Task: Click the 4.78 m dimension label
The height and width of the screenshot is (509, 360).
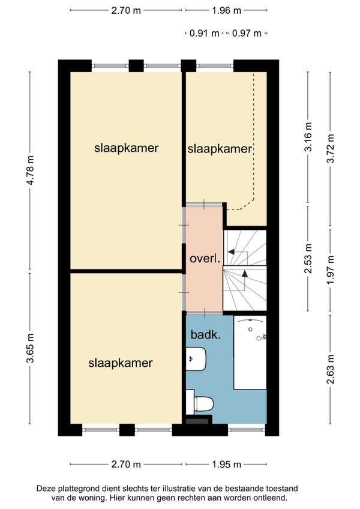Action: pyautogui.click(x=30, y=170)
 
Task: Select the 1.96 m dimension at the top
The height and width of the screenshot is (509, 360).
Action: pyautogui.click(x=227, y=10)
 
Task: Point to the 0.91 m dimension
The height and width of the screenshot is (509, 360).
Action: pyautogui.click(x=204, y=33)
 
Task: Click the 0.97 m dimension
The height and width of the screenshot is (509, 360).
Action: pyautogui.click(x=247, y=33)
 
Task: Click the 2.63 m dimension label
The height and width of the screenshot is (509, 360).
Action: pyautogui.click(x=331, y=369)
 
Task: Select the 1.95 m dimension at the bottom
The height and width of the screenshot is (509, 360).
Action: pyautogui.click(x=227, y=465)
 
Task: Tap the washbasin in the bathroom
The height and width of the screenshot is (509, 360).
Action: pyautogui.click(x=196, y=359)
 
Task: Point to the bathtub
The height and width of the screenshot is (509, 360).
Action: pyautogui.click(x=250, y=352)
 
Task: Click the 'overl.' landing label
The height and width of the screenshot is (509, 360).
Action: pyautogui.click(x=205, y=259)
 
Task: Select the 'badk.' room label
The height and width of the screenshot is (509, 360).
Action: pyautogui.click(x=206, y=335)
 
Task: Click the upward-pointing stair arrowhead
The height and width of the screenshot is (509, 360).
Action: pyautogui.click(x=245, y=274)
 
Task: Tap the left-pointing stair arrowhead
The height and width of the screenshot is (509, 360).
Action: pyautogui.click(x=232, y=251)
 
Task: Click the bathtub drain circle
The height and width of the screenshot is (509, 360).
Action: pyautogui.click(x=250, y=330)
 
